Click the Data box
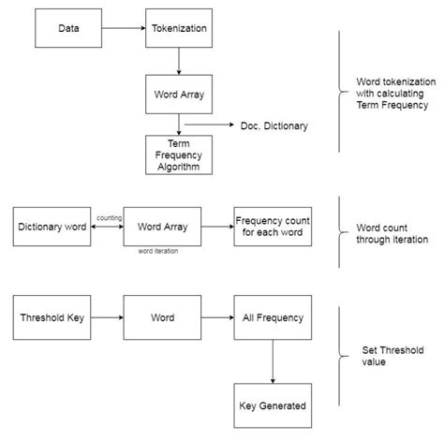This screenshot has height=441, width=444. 68,28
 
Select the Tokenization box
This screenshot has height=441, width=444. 178,28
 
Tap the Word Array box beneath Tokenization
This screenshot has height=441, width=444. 178,95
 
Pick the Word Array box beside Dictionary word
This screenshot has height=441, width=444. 160,226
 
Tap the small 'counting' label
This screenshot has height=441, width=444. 108,216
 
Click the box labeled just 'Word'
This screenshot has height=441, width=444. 160,317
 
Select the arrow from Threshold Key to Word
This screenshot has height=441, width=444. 105,317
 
